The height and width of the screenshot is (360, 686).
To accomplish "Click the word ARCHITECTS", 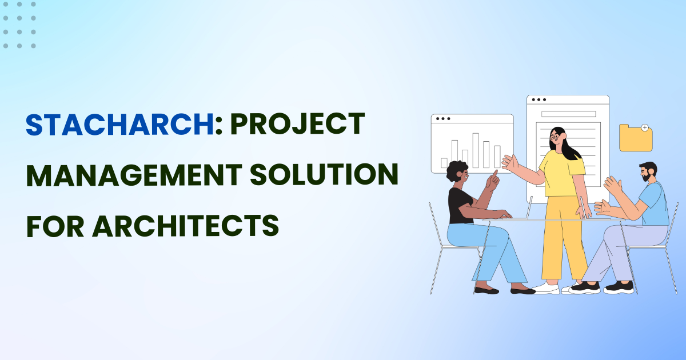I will coord(185,225).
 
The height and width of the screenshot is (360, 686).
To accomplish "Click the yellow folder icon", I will coord(636,138).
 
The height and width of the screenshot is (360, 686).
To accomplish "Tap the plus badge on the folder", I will coord(645,127).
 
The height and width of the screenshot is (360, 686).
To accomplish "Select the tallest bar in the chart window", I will coord(476,150).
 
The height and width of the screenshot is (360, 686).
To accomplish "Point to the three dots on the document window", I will coord(537,100).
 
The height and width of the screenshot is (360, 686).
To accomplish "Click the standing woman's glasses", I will coord(555,137).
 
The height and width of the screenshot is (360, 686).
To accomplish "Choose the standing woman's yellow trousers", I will coord(563,240).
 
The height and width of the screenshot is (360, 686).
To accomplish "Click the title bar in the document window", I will coord(568,114).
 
